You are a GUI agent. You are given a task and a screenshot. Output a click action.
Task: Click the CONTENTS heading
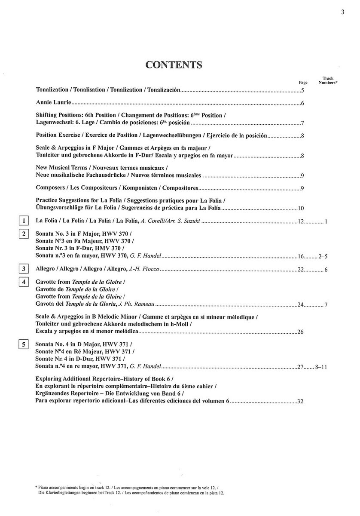coord(174,64)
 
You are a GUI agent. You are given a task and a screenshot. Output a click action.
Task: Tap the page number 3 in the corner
coord(343,12)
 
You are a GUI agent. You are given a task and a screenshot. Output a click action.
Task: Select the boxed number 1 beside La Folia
coord(24,221)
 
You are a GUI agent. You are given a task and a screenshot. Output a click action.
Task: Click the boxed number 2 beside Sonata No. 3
coord(24,234)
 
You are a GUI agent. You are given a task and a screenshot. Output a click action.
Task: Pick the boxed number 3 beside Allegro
coord(24,269)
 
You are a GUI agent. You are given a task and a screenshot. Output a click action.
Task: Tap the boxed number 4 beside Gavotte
coord(24,282)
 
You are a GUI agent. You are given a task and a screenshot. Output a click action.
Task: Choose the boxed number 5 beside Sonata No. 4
coord(24,344)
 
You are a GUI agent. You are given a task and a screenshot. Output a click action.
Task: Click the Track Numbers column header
coord(328,81)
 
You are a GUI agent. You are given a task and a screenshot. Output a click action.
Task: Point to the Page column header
coord(303,83)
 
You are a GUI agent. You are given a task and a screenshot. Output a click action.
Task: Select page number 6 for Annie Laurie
coord(302,104)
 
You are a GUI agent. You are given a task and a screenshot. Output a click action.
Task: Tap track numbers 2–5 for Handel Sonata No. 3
coord(323,257)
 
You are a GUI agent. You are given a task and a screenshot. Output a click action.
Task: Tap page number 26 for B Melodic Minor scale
coord(300,332)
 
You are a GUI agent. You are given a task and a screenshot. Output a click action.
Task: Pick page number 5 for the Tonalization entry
coord(302,91)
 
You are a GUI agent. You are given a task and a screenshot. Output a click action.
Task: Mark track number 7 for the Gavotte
coord(326,305)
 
